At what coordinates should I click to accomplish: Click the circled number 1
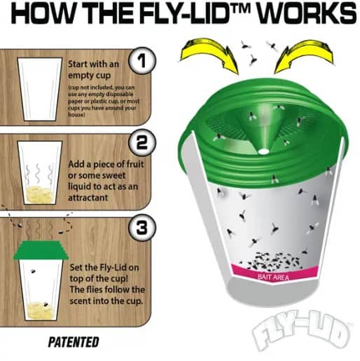(142, 61)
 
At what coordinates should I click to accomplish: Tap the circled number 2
(142, 143)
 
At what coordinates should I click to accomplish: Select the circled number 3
(142, 228)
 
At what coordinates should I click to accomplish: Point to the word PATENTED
(74, 342)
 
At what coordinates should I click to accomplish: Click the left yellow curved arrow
(209, 54)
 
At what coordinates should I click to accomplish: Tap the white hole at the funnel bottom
(263, 151)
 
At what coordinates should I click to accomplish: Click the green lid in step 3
(41, 250)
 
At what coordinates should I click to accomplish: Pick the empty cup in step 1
(40, 89)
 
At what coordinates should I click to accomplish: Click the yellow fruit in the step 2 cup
(40, 194)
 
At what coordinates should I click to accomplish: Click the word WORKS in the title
(307, 13)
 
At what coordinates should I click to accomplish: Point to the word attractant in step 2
(88, 198)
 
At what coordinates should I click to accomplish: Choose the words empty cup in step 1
(90, 76)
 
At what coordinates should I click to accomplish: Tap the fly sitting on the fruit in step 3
(46, 304)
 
